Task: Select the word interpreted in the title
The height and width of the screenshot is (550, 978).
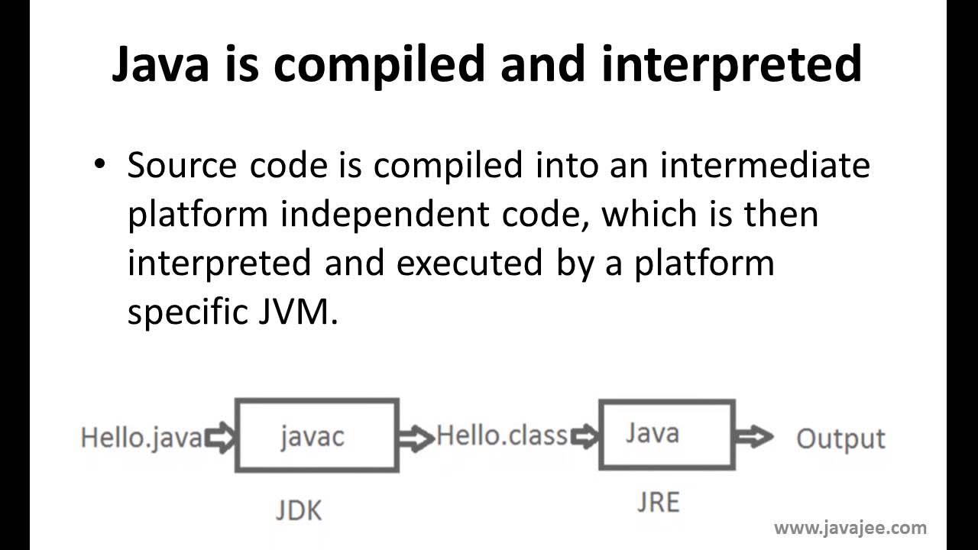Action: pos(732,65)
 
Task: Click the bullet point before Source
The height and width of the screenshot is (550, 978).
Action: pos(99,164)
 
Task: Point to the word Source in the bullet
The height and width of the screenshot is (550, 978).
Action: pos(181,166)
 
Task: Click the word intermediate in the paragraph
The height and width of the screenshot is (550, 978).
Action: pos(766,166)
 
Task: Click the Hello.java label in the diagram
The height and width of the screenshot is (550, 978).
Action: pos(142,438)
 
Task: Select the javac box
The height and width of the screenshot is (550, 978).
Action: pos(316,435)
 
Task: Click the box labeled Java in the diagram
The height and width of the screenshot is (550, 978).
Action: pos(667,433)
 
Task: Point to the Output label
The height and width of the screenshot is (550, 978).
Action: pos(840,438)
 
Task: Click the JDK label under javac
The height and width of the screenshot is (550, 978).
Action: pos(298,510)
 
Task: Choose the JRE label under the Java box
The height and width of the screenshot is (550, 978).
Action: pos(658,502)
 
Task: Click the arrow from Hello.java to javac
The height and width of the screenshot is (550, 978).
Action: pos(222,438)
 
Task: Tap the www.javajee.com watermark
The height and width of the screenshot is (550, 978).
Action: pos(850,527)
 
